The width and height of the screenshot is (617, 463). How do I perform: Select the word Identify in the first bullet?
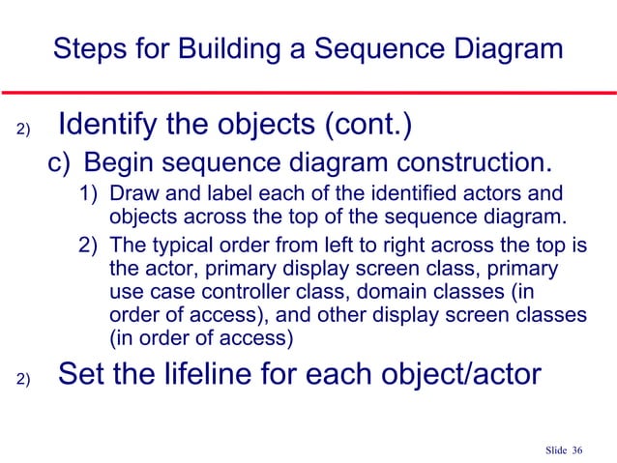click(114, 125)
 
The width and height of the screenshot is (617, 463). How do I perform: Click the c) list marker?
click(60, 160)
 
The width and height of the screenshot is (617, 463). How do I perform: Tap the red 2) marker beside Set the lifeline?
click(24, 379)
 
